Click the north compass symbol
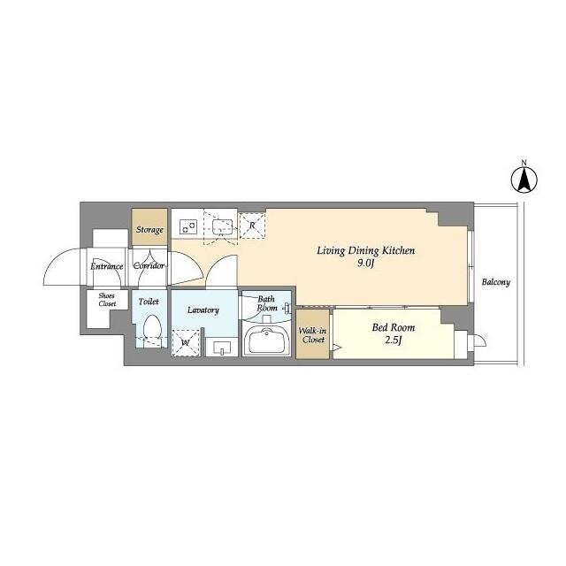click(524, 180)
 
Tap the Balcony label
click(496, 283)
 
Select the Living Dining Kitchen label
click(366, 251)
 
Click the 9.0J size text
click(366, 264)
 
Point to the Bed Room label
click(391, 327)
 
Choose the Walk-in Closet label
click(313, 333)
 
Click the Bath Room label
click(266, 304)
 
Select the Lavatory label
click(203, 310)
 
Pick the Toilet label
click(149, 302)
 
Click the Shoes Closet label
click(107, 299)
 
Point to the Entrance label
click(105, 265)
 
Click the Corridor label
click(149, 265)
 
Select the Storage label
click(149, 230)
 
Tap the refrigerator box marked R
click(252, 226)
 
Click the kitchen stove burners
click(188, 226)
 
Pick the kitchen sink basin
click(221, 226)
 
